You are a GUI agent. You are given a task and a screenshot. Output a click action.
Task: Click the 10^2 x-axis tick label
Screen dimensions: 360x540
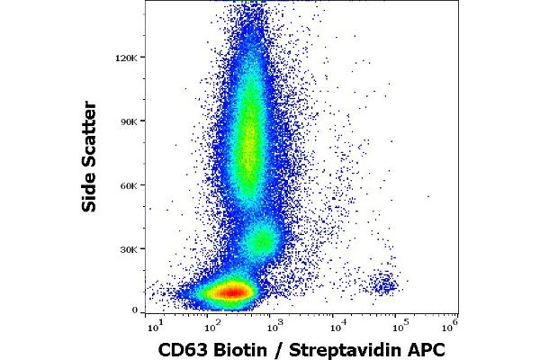click(x=212, y=323)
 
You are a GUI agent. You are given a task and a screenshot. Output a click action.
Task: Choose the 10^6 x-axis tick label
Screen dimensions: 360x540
click(x=454, y=323)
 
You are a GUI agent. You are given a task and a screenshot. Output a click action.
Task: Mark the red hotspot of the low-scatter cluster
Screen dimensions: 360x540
click(x=230, y=292)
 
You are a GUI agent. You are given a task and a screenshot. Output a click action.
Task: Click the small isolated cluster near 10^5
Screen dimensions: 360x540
click(x=384, y=285)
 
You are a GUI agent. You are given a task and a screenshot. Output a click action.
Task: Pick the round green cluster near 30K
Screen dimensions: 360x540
click(x=262, y=240)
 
